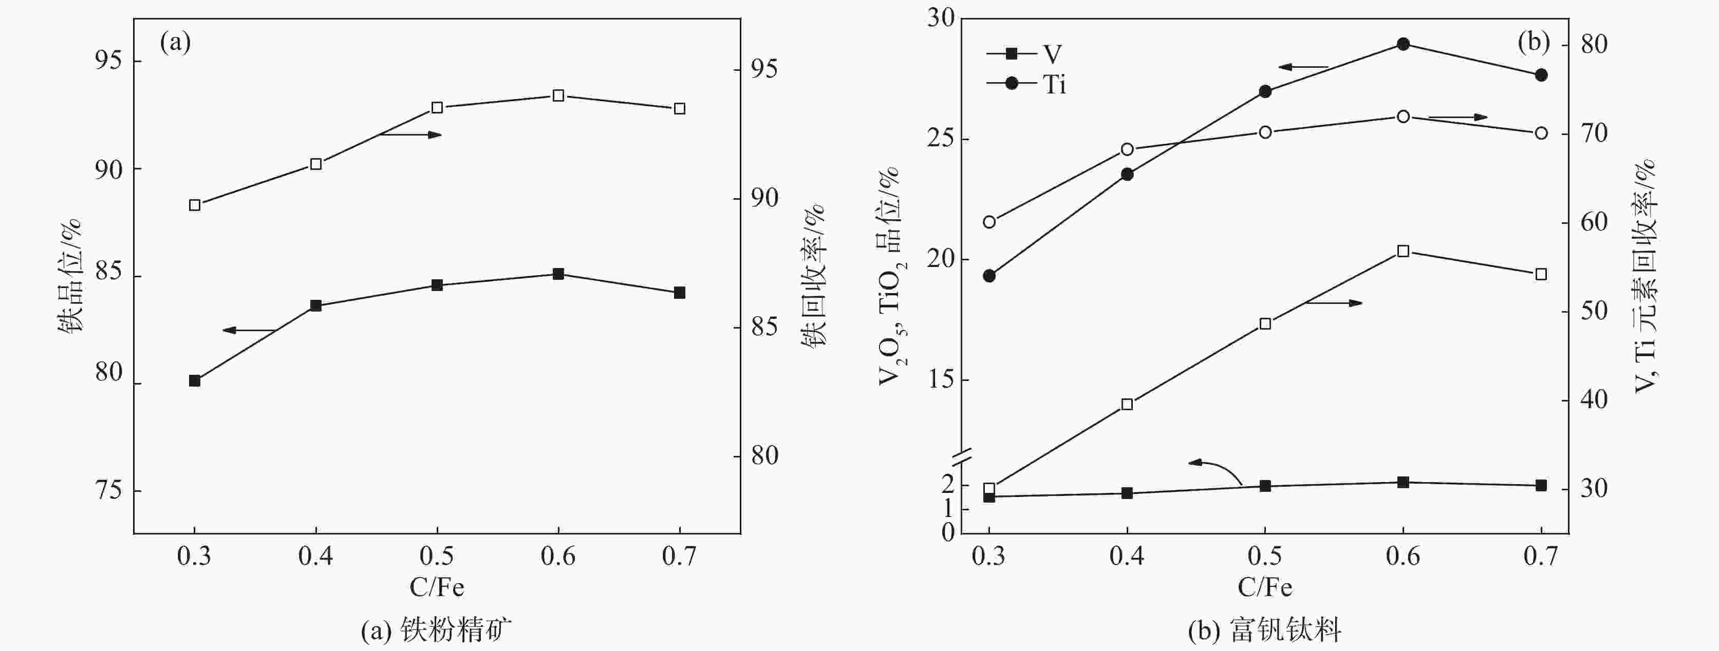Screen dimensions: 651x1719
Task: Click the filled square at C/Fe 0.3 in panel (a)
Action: pos(194,381)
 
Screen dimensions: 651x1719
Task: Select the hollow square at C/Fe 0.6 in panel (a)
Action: pos(558,95)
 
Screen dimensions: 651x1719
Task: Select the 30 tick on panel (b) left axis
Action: pos(941,18)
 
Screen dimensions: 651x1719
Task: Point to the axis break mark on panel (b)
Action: pos(961,457)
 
